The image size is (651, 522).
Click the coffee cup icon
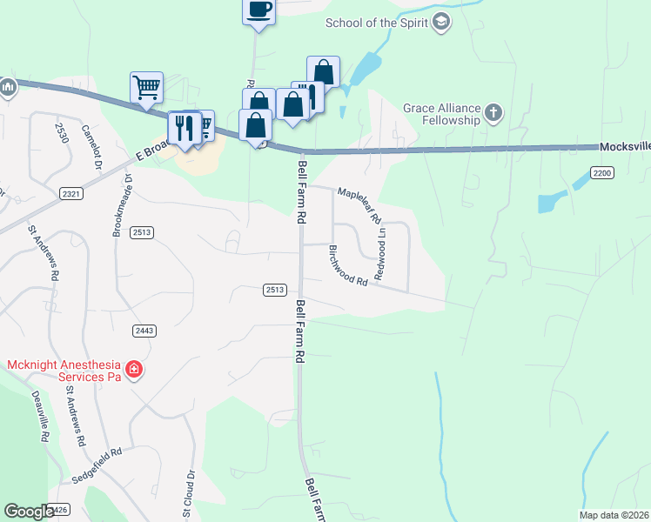258,10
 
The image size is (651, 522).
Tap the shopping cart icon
146,87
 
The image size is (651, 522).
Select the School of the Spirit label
377,23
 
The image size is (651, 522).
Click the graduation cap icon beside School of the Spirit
441,22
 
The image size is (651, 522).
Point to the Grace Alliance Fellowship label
441,114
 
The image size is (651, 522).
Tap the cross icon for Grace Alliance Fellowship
493,112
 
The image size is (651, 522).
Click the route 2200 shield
602,173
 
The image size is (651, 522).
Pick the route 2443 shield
144,330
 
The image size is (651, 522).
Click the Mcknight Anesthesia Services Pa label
61,371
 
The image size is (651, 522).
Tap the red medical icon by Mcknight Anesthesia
134,371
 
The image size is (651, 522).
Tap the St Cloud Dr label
187,494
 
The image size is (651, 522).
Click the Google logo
30,512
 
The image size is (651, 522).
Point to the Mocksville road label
624,147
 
